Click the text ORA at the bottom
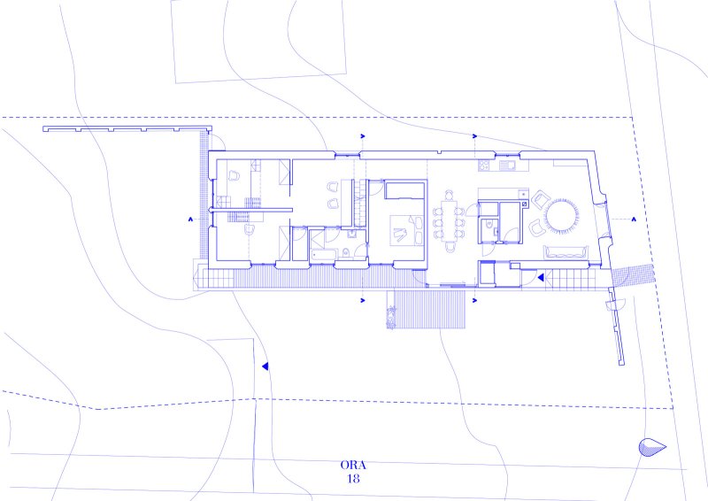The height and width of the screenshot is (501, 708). click(353, 466)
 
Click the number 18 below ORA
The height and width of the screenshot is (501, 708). click(353, 478)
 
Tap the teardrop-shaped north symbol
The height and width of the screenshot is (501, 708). click(652, 447)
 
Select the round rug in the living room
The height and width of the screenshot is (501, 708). click(561, 216)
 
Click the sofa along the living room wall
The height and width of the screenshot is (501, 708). click(566, 252)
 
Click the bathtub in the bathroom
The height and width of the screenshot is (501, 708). click(323, 254)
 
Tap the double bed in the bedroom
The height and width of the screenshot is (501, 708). click(407, 230)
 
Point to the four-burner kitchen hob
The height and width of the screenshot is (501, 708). click(484, 166)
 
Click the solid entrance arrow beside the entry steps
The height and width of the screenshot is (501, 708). click(540, 277)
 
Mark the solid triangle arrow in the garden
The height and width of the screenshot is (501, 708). click(265, 366)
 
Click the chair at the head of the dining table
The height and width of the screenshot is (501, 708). click(450, 195)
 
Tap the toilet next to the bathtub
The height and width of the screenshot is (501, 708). click(346, 252)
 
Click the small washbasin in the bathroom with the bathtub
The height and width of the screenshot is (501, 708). click(351, 234)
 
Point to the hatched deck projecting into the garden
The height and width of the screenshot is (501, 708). click(427, 310)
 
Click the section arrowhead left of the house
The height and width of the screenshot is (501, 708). click(191, 220)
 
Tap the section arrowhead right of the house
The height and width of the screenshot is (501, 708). click(634, 220)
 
